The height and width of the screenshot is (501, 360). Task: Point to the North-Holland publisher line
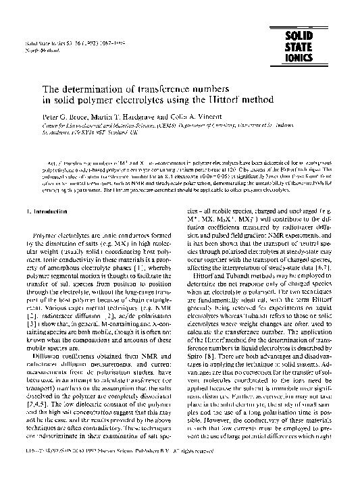tap(38, 51)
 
